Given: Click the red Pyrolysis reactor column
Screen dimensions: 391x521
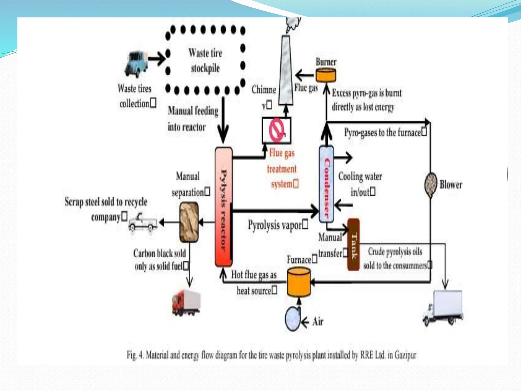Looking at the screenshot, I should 223,207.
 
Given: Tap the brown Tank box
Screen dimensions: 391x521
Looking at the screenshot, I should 353,244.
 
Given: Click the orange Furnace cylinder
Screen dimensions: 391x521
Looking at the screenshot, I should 299,282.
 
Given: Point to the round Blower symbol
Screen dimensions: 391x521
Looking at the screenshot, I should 431,185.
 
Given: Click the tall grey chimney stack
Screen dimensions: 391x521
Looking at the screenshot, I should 286,71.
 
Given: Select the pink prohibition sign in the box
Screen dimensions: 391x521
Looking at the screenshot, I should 276,130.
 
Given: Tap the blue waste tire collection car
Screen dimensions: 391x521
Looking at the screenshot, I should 136,64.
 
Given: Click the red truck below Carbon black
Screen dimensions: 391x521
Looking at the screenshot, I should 186,303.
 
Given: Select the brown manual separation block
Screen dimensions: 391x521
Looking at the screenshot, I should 189,222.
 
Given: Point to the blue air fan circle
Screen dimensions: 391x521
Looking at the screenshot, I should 292,319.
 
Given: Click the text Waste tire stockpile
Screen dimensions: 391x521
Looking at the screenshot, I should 205,61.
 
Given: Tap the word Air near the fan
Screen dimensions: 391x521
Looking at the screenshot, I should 318,321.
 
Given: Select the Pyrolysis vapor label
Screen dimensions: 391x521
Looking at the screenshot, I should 278,225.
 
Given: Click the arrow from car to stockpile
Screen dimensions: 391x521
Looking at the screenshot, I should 157,59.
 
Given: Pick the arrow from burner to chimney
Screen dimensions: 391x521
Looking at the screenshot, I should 305,75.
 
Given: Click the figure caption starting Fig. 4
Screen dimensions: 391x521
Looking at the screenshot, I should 271,355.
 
